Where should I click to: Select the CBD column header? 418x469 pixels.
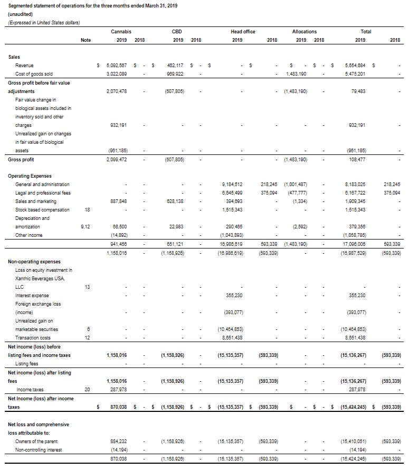177,32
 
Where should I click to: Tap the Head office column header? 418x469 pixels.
243,32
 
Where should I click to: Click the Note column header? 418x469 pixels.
85,40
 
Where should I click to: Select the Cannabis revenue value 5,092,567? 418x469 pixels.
117,66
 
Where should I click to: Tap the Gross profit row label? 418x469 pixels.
21,159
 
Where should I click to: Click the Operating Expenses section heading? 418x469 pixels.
30,176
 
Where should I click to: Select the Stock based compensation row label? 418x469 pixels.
42,210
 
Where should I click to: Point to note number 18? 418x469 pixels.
88,210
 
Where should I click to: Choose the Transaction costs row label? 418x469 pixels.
33,338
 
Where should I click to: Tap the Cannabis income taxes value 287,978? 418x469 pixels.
117,389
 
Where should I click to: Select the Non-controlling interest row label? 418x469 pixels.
39,450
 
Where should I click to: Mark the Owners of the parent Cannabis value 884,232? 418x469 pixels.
117,441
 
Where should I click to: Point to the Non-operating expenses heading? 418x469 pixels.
34,262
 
